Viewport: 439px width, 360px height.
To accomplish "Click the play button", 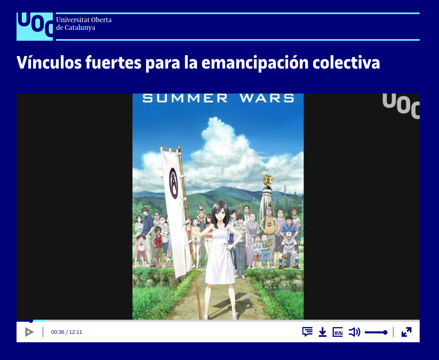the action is pyautogui.click(x=29, y=332).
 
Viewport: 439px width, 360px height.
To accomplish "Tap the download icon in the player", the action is pyautogui.click(x=322, y=332).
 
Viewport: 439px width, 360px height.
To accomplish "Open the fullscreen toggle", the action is pyautogui.click(x=406, y=332).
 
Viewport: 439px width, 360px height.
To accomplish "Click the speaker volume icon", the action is pyautogui.click(x=354, y=332).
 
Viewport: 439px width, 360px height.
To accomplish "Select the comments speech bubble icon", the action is pyautogui.click(x=308, y=332).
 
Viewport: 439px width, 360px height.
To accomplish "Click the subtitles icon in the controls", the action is pyautogui.click(x=338, y=332).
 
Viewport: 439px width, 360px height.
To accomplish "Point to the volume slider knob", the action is pyautogui.click(x=385, y=332).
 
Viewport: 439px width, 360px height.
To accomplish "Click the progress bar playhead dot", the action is pyautogui.click(x=31, y=321).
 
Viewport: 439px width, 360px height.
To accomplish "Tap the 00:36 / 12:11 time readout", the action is pyautogui.click(x=67, y=332).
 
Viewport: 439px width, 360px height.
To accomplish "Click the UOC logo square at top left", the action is pyautogui.click(x=35, y=27).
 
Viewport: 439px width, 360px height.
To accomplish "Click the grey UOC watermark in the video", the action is pyautogui.click(x=401, y=106).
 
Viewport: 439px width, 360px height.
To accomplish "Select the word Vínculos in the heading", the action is pyautogui.click(x=49, y=62).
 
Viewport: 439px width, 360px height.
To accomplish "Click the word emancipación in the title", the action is pyautogui.click(x=255, y=63).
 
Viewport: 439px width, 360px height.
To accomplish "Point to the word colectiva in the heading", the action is pyautogui.click(x=346, y=62).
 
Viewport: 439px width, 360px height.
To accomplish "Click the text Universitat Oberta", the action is pyautogui.click(x=84, y=20).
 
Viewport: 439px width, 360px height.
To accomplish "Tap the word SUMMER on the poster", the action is pyautogui.click(x=185, y=98).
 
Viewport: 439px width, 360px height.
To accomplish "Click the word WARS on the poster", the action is pyautogui.click(x=267, y=98).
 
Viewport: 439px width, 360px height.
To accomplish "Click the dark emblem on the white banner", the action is pyautogui.click(x=174, y=183).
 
